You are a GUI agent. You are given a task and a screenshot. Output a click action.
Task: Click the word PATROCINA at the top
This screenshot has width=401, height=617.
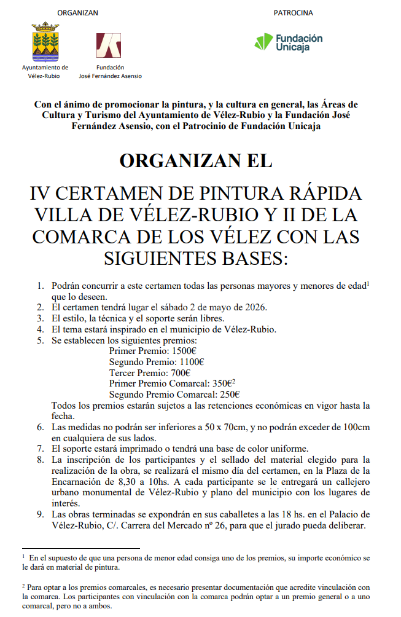click(293, 13)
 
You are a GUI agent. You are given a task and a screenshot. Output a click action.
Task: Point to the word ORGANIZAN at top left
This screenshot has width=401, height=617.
click(77, 13)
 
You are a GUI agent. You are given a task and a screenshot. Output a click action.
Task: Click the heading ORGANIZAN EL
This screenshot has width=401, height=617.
click(196, 161)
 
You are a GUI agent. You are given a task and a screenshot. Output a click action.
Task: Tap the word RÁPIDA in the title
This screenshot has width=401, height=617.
click(324, 193)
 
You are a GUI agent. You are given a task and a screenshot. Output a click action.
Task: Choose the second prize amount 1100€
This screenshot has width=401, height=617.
click(192, 362)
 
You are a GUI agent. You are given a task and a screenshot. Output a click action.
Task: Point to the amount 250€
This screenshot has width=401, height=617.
click(227, 395)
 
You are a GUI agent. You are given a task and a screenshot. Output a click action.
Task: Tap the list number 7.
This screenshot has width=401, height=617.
click(41, 448)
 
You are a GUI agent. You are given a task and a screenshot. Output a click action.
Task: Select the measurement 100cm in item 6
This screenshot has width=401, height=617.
click(357, 427)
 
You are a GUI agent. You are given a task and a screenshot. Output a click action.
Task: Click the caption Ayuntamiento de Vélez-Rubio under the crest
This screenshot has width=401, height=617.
click(45, 72)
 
